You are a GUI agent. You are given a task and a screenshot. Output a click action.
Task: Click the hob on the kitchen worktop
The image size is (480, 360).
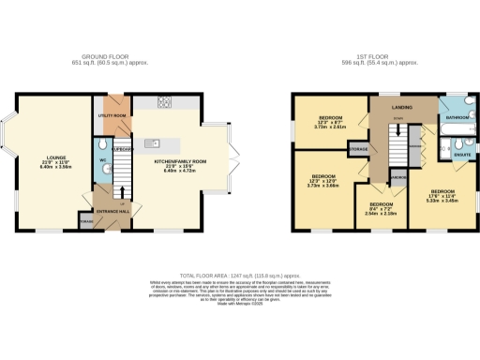point(164,102)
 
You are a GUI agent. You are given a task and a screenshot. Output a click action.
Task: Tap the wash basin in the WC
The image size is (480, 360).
point(100,169)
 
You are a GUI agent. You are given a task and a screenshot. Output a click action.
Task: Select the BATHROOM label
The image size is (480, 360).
point(458,118)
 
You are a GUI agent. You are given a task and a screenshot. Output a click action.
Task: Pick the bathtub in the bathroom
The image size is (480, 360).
point(457,104)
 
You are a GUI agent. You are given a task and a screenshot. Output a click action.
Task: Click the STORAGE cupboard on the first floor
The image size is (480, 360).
point(357,148)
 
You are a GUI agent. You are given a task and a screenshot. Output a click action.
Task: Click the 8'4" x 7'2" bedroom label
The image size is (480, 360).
point(382,207)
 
